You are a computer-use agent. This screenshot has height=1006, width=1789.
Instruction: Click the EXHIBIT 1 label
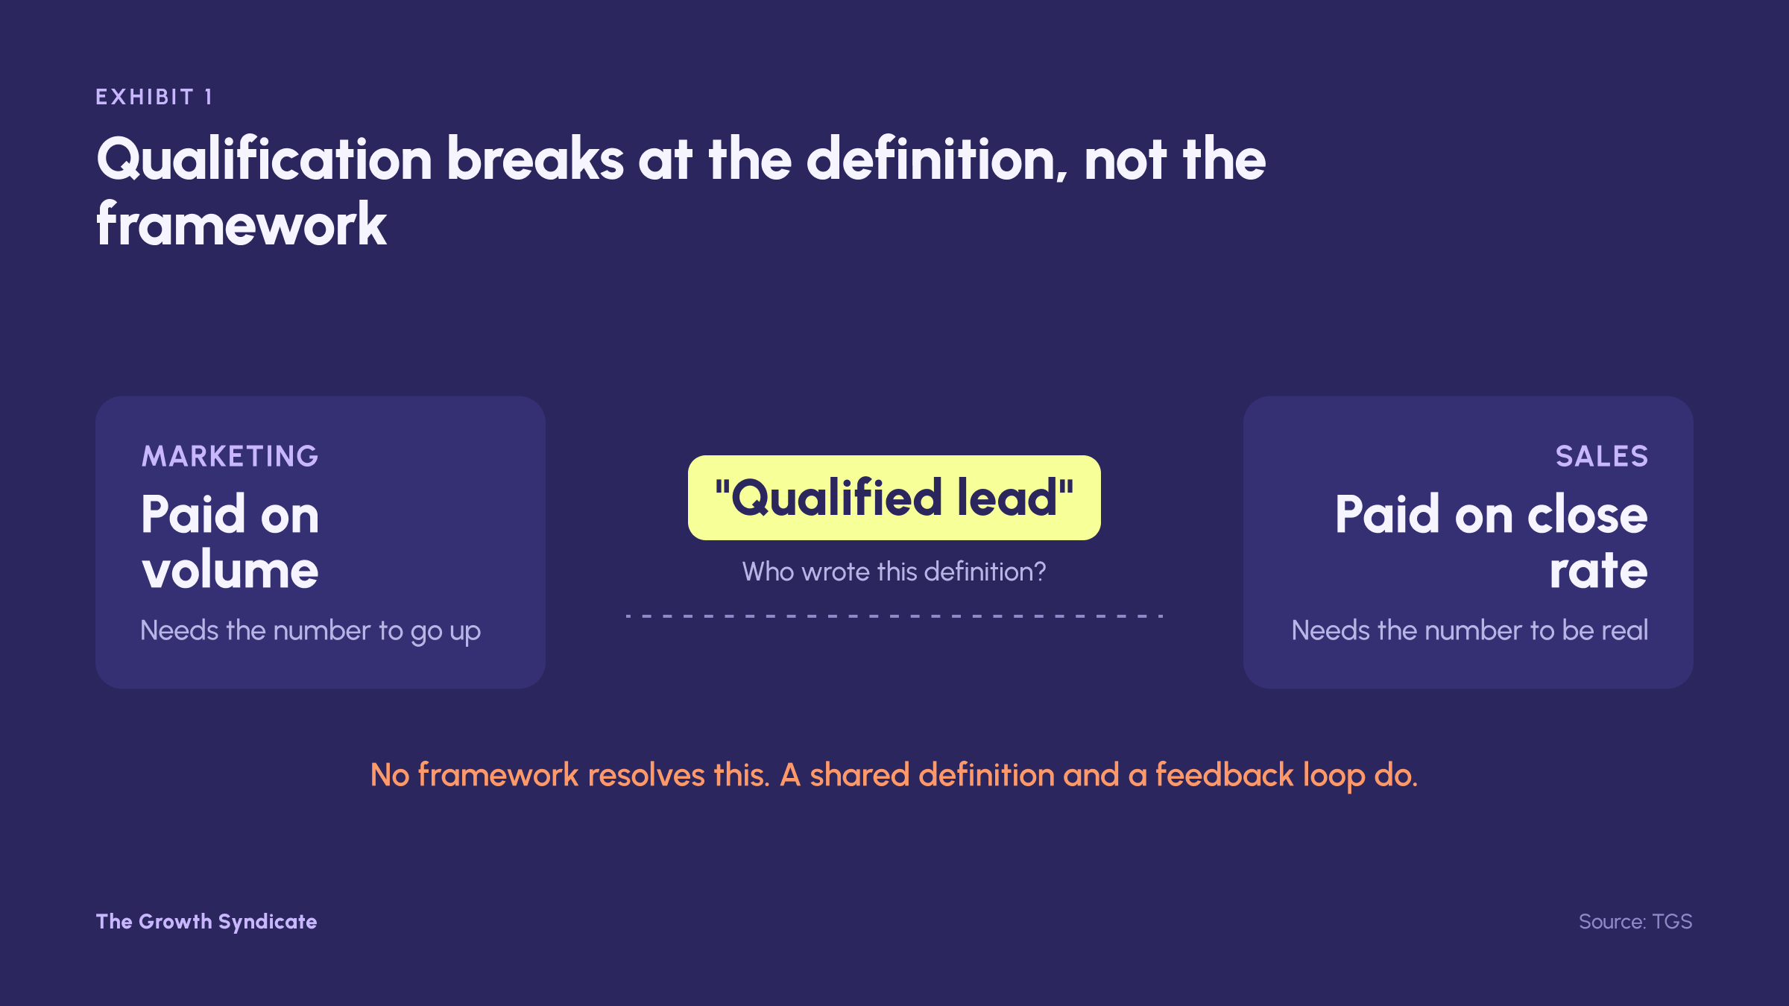(154, 97)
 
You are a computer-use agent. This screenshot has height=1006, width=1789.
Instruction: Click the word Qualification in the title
(265, 160)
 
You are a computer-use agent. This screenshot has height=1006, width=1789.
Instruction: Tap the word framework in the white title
(242, 224)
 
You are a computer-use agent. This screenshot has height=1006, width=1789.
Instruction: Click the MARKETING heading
(230, 456)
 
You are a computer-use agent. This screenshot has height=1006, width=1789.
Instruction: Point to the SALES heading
(1602, 456)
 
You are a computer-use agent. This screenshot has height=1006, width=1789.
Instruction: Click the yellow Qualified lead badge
(894, 498)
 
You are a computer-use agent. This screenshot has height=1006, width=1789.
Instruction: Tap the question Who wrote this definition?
(894, 572)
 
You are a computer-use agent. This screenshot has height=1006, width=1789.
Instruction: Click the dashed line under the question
(894, 616)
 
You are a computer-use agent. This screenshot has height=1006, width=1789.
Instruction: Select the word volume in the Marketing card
(230, 570)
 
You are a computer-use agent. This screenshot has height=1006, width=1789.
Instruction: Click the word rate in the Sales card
(1599, 571)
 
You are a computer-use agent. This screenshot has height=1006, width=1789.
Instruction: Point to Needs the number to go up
(311, 631)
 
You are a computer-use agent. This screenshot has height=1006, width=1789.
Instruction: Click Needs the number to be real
(1470, 630)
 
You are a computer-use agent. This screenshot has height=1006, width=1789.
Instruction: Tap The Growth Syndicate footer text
(206, 922)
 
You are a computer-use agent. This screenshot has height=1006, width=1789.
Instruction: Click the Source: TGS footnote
(1635, 922)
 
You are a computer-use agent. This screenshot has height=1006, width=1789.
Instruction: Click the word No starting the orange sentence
(390, 775)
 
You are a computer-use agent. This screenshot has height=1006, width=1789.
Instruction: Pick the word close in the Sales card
(1588, 515)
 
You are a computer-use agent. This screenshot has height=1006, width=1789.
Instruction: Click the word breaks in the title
(535, 159)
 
